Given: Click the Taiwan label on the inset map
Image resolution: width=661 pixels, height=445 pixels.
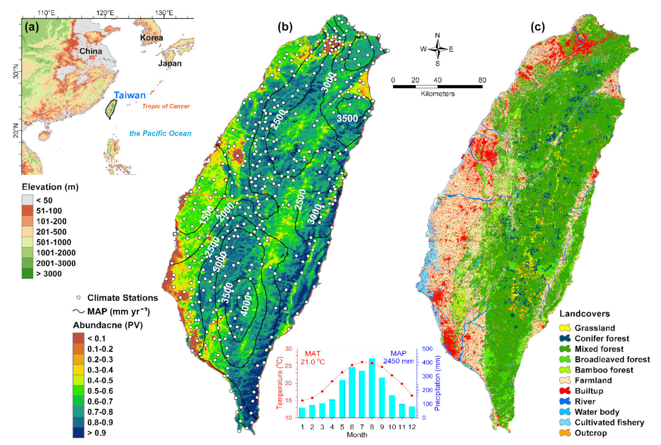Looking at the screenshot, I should (x=130, y=95).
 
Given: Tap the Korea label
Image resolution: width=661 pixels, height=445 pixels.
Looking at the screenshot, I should (x=151, y=38).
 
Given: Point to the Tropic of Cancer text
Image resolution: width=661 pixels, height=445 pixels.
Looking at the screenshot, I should (x=166, y=106).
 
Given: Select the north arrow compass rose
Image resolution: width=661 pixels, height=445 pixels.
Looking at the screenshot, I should (x=438, y=49).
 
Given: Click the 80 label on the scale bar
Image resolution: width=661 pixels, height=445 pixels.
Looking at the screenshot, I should (x=482, y=80).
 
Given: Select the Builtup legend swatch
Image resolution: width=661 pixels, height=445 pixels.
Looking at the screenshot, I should (x=565, y=391).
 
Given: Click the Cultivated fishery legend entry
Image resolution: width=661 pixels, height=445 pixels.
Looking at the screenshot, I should (x=609, y=422).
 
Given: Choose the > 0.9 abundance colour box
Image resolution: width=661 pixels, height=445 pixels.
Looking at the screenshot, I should (x=78, y=433).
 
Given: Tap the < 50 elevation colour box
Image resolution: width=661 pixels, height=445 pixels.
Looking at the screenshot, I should (x=28, y=200).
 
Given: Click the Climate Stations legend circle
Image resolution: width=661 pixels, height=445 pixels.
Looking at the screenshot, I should (x=78, y=298).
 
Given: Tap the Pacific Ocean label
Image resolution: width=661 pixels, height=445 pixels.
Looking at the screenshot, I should (x=160, y=133).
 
